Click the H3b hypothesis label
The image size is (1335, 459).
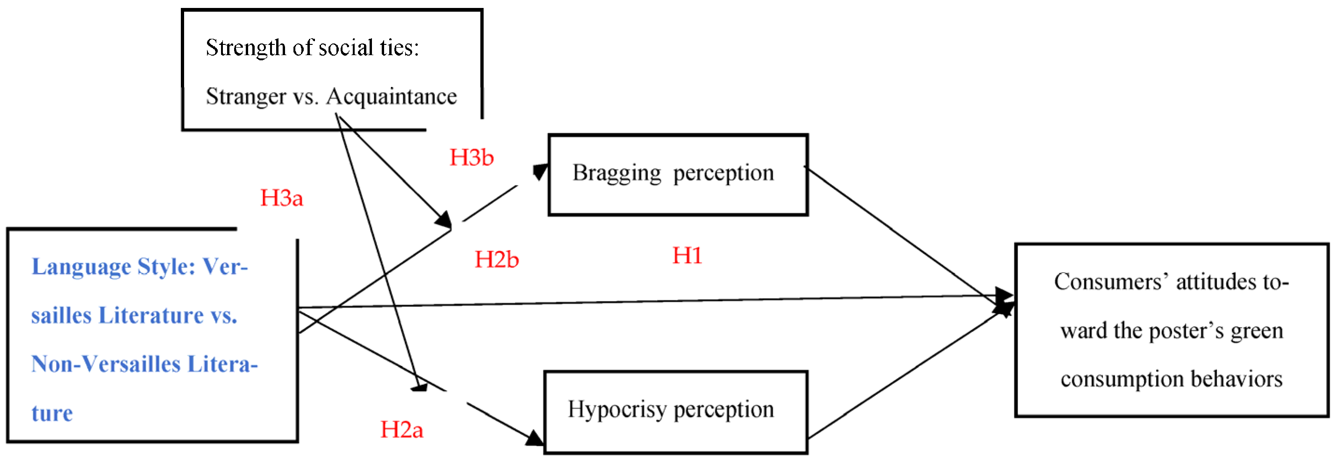click(471, 158)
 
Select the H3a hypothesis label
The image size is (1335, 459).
click(281, 198)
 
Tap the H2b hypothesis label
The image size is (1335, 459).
click(497, 259)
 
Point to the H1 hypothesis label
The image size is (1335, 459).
click(687, 256)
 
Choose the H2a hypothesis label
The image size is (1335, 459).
click(402, 430)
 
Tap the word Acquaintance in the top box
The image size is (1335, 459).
click(391, 96)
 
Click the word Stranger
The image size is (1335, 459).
click(246, 97)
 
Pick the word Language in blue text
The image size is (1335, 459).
click(81, 267)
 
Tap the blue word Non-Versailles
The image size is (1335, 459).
click(106, 364)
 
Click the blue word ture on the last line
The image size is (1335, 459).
click(52, 413)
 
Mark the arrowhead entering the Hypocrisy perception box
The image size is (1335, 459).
click(535, 438)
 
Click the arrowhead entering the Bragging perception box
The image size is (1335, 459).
click(541, 172)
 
